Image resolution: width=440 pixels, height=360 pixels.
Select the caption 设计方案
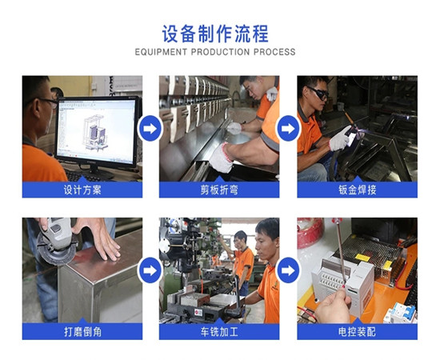click(x=82, y=191)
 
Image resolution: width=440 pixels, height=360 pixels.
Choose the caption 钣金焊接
click(x=357, y=191)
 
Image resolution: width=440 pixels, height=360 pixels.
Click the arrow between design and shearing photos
click(x=150, y=129)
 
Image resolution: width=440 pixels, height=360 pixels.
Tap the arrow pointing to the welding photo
click(x=288, y=129)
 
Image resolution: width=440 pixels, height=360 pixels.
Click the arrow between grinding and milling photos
click(x=150, y=270)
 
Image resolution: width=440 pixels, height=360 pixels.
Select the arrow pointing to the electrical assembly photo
click(x=288, y=270)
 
